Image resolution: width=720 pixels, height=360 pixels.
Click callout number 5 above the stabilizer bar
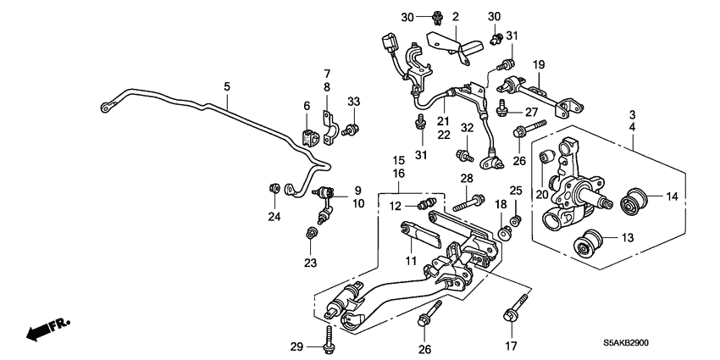point(226,86)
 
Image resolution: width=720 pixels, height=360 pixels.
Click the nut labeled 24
point(274,187)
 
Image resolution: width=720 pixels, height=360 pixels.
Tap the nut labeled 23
point(312,232)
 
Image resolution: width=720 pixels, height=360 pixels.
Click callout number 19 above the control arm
point(538,64)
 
